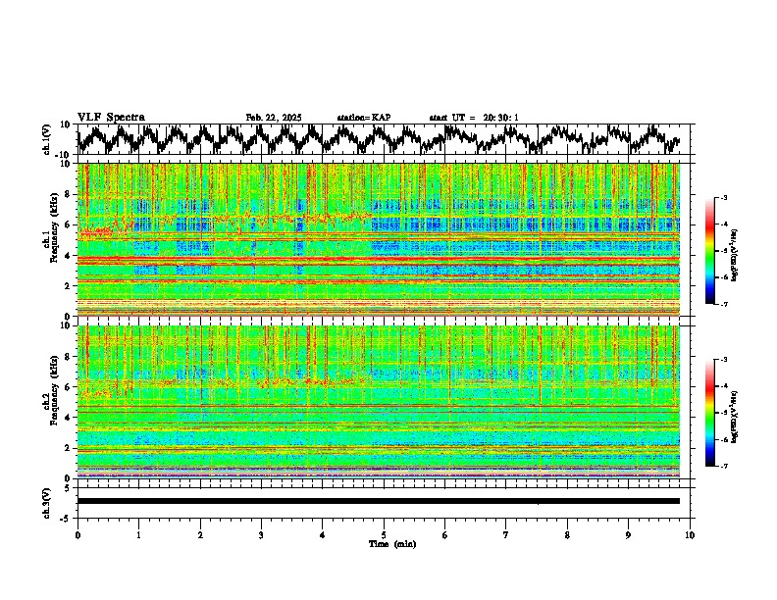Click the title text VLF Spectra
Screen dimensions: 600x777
coord(111,118)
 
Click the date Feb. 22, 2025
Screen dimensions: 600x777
coord(274,118)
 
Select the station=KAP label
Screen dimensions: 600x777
coord(364,118)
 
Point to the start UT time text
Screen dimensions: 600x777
coord(474,118)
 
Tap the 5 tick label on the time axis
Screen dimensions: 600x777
coord(384,534)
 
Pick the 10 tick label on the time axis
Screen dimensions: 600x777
coord(691,534)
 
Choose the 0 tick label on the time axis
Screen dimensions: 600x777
coord(78,534)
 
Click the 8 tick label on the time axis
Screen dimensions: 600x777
coord(568,534)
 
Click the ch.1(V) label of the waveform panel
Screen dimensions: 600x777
coord(48,139)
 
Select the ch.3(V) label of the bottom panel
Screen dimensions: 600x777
coord(48,501)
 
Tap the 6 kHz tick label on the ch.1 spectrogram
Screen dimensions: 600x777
coord(66,225)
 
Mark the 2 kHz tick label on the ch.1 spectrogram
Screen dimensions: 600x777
coord(66,286)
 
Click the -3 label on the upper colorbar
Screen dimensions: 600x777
coord(723,198)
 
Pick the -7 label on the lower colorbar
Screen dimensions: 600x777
coord(723,467)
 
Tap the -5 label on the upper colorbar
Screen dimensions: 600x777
coord(723,251)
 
